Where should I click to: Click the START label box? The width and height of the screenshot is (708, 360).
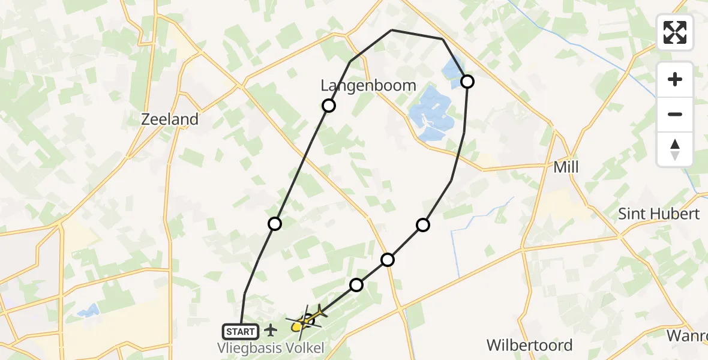point(241,331)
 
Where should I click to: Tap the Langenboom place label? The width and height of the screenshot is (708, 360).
point(368,86)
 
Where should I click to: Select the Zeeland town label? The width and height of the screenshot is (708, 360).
point(169,119)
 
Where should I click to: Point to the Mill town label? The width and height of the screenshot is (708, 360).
point(566,167)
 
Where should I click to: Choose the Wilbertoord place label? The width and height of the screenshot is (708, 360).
point(529,346)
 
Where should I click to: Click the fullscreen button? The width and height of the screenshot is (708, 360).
point(675,32)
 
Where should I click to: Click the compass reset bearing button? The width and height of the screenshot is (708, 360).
point(675,149)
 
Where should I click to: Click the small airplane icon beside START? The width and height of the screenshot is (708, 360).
point(271,329)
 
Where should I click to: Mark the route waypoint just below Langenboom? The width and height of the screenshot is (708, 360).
point(328,106)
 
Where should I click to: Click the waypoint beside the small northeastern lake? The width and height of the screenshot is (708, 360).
point(467,81)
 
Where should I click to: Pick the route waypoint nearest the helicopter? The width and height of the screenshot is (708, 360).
point(356,284)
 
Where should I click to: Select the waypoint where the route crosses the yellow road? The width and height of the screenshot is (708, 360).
point(388,259)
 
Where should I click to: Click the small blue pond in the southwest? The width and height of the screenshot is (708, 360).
point(88,311)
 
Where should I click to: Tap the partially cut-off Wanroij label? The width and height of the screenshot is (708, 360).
point(688,335)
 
